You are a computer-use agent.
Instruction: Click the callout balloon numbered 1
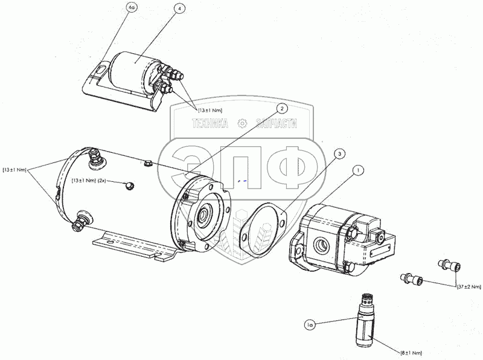[x=358, y=170]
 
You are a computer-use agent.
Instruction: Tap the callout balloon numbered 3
[x=339, y=154]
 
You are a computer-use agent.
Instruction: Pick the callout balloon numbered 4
[x=179, y=8]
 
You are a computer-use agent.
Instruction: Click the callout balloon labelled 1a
[x=310, y=324]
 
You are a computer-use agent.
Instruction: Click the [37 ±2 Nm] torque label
[x=469, y=287]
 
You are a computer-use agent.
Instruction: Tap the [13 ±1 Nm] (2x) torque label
[x=89, y=181]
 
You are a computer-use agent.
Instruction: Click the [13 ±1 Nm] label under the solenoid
[x=210, y=110]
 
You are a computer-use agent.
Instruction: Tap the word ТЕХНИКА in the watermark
[x=210, y=124]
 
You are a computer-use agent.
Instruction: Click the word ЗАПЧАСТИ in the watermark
[x=277, y=124]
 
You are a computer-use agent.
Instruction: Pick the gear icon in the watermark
[x=243, y=124]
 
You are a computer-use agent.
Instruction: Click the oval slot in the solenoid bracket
[x=100, y=69]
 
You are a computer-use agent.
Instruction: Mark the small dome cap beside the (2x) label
[x=129, y=185]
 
